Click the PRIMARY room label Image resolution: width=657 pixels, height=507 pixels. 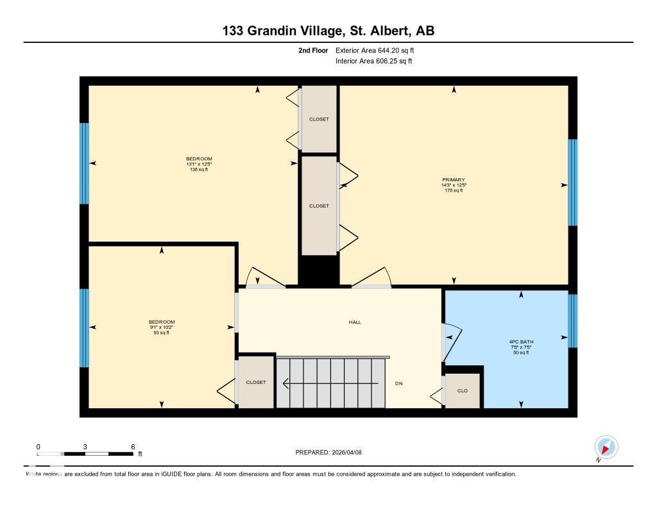coord(453,180)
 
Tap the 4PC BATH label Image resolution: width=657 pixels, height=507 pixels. coord(521,342)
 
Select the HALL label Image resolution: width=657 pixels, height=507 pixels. coord(355,322)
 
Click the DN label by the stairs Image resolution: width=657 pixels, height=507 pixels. coord(398,383)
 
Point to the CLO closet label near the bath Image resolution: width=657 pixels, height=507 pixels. coord(462,390)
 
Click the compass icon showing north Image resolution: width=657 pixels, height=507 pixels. coord(606,447)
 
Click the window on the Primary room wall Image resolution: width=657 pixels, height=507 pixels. coord(572,183)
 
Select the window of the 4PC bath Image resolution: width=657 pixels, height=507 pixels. coord(572,320)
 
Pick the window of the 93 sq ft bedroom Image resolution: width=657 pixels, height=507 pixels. coord(84,328)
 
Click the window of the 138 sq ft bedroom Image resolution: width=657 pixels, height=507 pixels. coord(84,163)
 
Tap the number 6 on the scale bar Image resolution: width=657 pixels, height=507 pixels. coord(132,447)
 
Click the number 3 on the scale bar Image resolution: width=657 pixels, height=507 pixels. coord(85,447)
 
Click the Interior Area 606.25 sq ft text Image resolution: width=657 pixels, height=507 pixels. coord(373,62)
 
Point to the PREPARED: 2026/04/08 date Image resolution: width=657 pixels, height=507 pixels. coord(333,453)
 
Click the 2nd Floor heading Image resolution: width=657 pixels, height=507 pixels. coord(313,50)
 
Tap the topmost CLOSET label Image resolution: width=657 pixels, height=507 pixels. coord(319,119)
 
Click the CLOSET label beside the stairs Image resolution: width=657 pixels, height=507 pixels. coord(256,383)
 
